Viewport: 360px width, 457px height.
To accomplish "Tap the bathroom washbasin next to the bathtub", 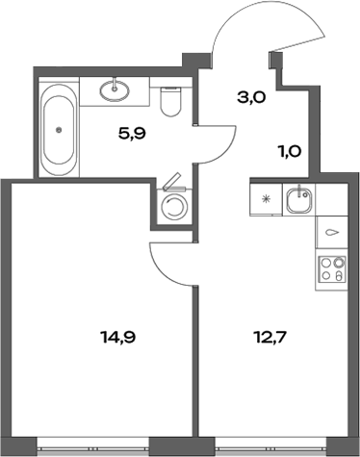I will (x=119, y=91).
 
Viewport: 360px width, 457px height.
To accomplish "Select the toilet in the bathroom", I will (x=172, y=101).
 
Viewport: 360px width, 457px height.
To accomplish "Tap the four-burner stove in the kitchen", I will (x=332, y=268).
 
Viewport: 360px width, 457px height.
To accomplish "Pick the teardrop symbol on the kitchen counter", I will (x=332, y=232).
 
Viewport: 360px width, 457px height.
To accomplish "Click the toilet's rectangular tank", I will (x=172, y=86).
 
